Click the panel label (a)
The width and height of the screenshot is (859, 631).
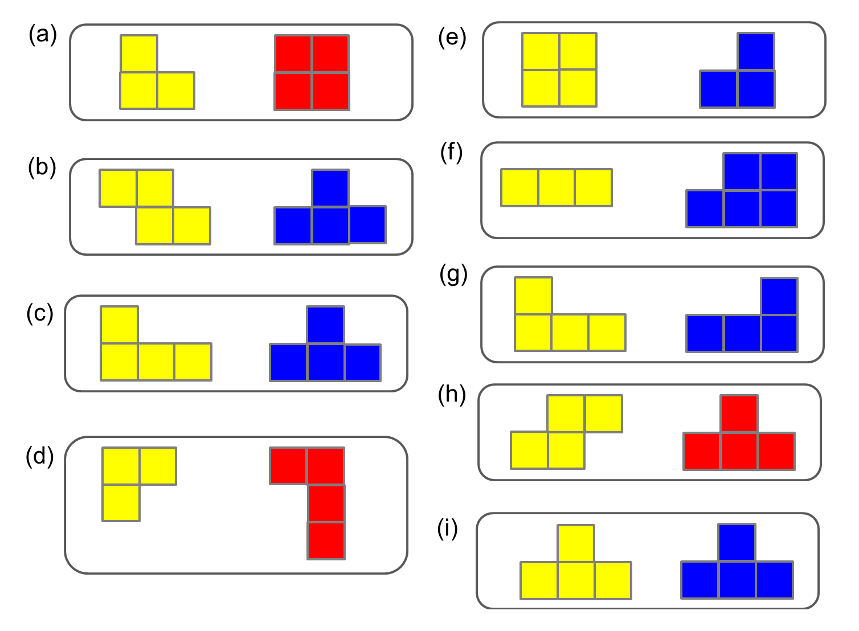click(x=43, y=35)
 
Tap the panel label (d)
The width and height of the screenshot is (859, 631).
click(x=40, y=456)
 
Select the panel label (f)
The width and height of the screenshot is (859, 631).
click(x=451, y=153)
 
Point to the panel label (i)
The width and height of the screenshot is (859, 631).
click(x=447, y=529)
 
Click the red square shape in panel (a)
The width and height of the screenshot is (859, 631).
click(x=312, y=72)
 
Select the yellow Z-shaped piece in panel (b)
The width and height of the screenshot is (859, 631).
click(x=154, y=206)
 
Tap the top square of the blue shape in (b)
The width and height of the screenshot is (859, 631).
click(x=330, y=188)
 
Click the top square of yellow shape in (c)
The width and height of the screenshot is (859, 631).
click(x=120, y=325)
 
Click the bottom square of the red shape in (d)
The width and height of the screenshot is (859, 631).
click(x=326, y=540)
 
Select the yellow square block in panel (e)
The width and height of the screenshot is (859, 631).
click(x=559, y=69)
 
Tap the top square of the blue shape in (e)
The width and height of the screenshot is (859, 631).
click(x=755, y=51)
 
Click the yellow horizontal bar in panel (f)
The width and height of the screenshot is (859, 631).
click(x=557, y=187)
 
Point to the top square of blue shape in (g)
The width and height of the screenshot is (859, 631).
click(x=779, y=296)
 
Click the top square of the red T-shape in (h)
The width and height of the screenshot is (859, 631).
click(x=739, y=413)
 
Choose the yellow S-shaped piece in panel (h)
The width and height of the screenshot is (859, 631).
click(x=566, y=432)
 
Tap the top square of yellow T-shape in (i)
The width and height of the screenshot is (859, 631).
click(x=576, y=543)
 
